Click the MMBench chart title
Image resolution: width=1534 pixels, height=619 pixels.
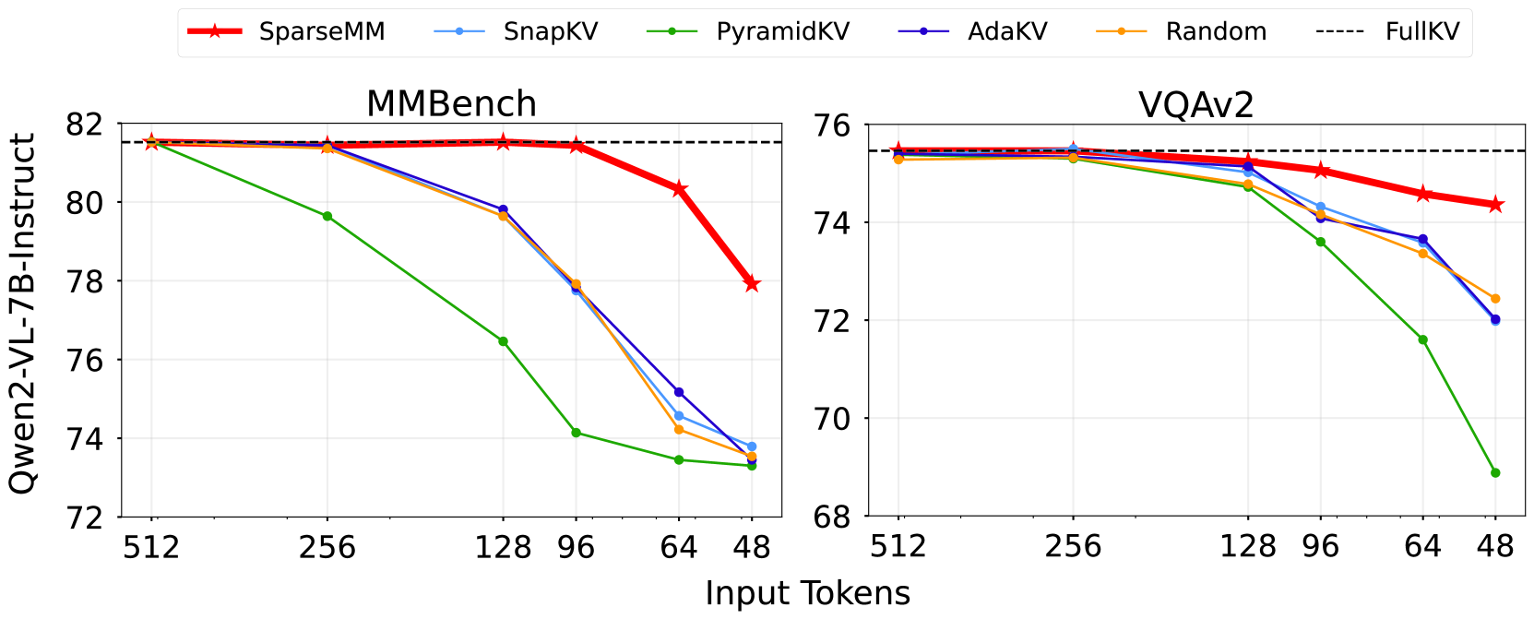[x=451, y=103]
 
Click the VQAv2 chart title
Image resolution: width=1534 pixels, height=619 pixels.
[x=1196, y=105]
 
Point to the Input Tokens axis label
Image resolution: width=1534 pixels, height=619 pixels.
[x=807, y=593]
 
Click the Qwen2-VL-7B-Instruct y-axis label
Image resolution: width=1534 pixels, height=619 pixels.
[x=22, y=314]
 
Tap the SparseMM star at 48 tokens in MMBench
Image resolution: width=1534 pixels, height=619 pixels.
[x=752, y=284]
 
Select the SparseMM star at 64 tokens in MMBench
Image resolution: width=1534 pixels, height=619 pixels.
[x=679, y=189]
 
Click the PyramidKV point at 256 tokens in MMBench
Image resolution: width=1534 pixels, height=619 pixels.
[x=327, y=216]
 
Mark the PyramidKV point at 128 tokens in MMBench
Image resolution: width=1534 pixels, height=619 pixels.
[x=503, y=341]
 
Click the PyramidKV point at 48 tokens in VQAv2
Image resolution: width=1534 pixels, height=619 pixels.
[x=1495, y=473]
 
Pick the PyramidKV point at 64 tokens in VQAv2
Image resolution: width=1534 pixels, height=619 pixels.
[x=1422, y=339]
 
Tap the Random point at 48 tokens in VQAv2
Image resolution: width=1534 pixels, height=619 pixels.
[x=1495, y=299]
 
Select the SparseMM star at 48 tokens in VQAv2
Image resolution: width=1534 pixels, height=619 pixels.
[x=1495, y=205]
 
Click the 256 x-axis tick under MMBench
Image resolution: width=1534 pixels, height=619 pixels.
[x=327, y=548]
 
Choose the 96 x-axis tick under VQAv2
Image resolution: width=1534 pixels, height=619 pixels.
[x=1320, y=546]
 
